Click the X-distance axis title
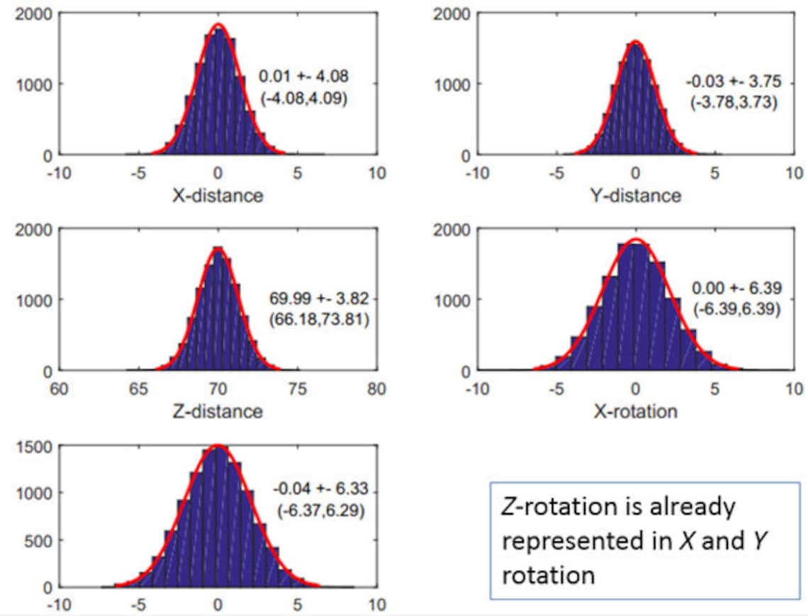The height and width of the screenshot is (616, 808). pyautogui.click(x=218, y=196)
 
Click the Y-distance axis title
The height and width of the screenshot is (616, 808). pyautogui.click(x=635, y=196)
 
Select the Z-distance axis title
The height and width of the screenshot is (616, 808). pyautogui.click(x=218, y=411)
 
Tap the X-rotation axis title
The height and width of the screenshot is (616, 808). pyautogui.click(x=635, y=411)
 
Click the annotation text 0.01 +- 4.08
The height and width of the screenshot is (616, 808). pyautogui.click(x=303, y=75)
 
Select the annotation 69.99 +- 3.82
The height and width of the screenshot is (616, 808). pyautogui.click(x=319, y=298)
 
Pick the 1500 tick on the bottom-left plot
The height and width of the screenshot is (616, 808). pyautogui.click(x=33, y=446)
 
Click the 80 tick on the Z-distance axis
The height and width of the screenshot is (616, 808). pyautogui.click(x=377, y=389)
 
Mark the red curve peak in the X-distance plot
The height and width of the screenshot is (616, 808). pyautogui.click(x=218, y=25)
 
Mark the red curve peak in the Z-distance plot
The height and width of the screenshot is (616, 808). pyautogui.click(x=218, y=248)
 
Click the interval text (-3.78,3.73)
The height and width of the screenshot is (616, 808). pyautogui.click(x=734, y=102)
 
